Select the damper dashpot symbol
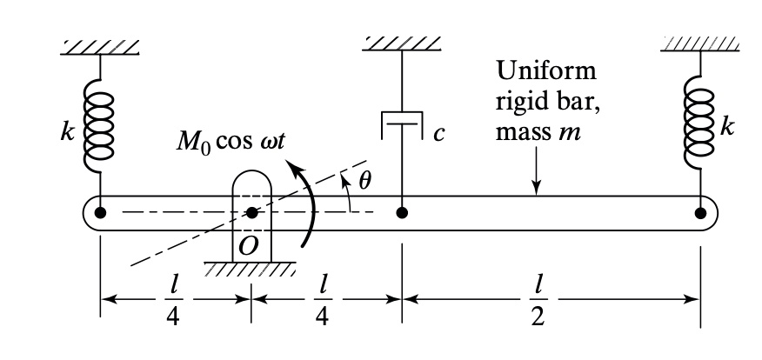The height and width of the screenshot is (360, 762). point(402,126)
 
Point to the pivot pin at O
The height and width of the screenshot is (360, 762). point(251,211)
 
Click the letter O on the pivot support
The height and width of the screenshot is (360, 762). point(249,246)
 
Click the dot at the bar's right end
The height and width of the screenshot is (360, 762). point(700,211)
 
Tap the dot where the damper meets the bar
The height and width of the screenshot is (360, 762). point(402,211)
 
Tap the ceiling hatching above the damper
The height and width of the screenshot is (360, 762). point(402,42)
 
